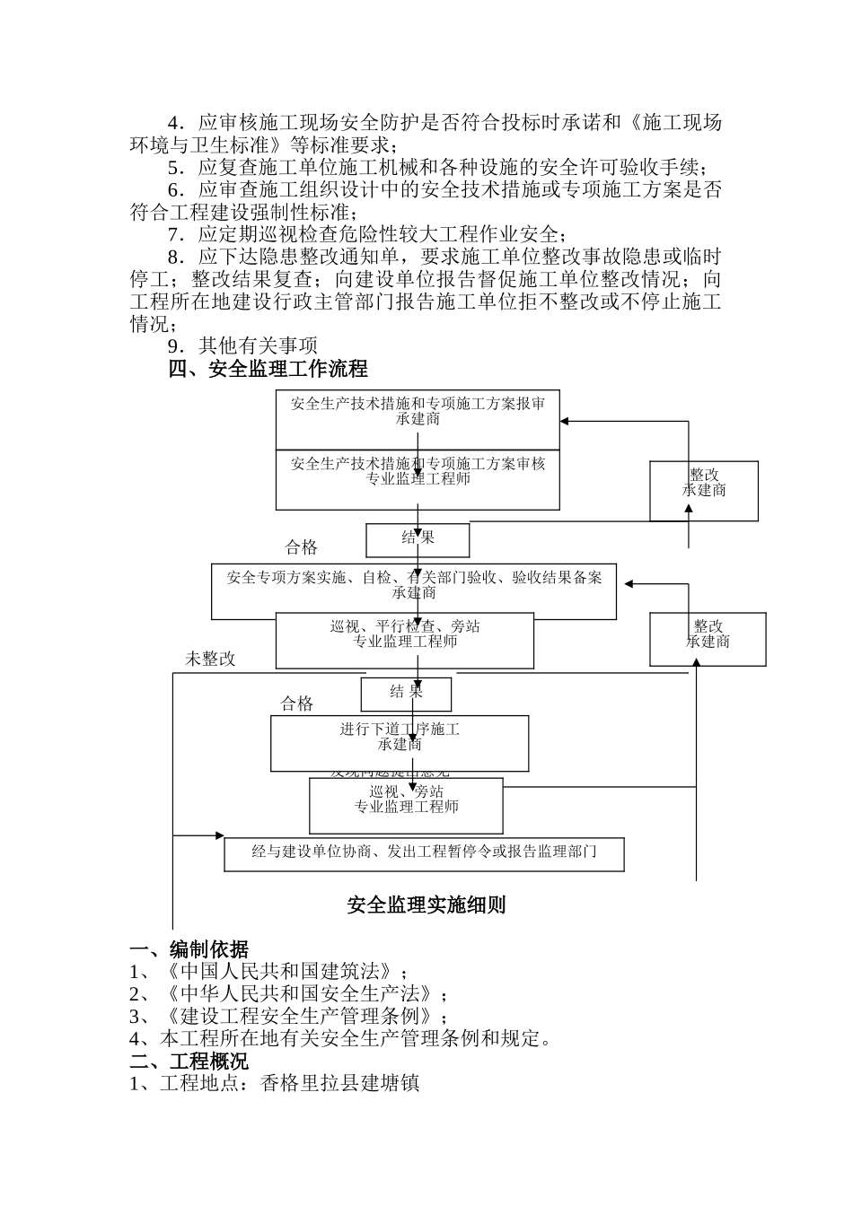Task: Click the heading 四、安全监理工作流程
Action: click(268, 369)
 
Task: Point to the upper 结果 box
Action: click(418, 538)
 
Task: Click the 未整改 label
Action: click(210, 659)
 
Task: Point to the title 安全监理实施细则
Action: click(426, 904)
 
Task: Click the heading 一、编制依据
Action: click(189, 949)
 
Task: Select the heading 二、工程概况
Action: click(189, 1062)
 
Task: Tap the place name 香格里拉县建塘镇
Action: click(339, 1083)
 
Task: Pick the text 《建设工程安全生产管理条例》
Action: click(300, 1017)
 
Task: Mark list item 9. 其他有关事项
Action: click(242, 345)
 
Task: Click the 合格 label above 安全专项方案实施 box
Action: click(301, 547)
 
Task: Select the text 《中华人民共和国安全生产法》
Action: click(300, 994)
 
